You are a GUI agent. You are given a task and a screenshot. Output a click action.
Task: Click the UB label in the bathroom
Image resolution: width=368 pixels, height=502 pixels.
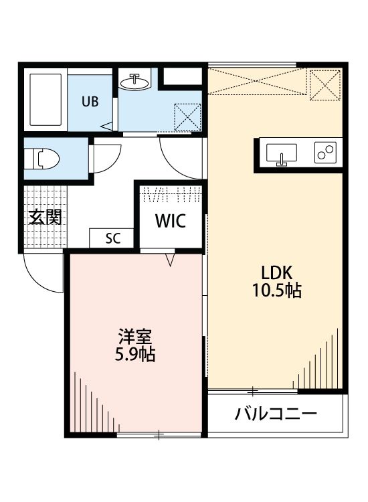90,102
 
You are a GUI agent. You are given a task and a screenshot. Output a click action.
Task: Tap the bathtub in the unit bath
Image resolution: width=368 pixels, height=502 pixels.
46,101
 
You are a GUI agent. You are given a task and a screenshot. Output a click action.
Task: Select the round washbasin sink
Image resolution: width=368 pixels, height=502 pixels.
136,82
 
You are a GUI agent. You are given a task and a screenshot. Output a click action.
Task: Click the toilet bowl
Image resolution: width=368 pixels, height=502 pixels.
44,159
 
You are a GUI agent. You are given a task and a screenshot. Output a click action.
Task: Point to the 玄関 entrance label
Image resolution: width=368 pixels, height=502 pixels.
45,217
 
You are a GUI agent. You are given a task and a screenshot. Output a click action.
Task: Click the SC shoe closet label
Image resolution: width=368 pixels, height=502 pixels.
112,238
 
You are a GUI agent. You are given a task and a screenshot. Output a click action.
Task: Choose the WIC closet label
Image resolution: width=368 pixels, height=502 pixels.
171,221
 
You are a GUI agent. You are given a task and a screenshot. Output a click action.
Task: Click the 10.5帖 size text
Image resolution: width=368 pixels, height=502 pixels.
276,290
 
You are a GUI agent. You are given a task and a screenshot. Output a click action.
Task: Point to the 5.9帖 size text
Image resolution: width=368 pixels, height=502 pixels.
134,354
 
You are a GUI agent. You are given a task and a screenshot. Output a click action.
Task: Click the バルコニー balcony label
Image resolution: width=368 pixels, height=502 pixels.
275,413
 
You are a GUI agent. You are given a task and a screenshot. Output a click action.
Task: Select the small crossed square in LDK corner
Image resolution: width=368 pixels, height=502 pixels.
323,85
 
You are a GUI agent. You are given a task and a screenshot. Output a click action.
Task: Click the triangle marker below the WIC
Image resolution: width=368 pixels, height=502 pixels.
170,258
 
